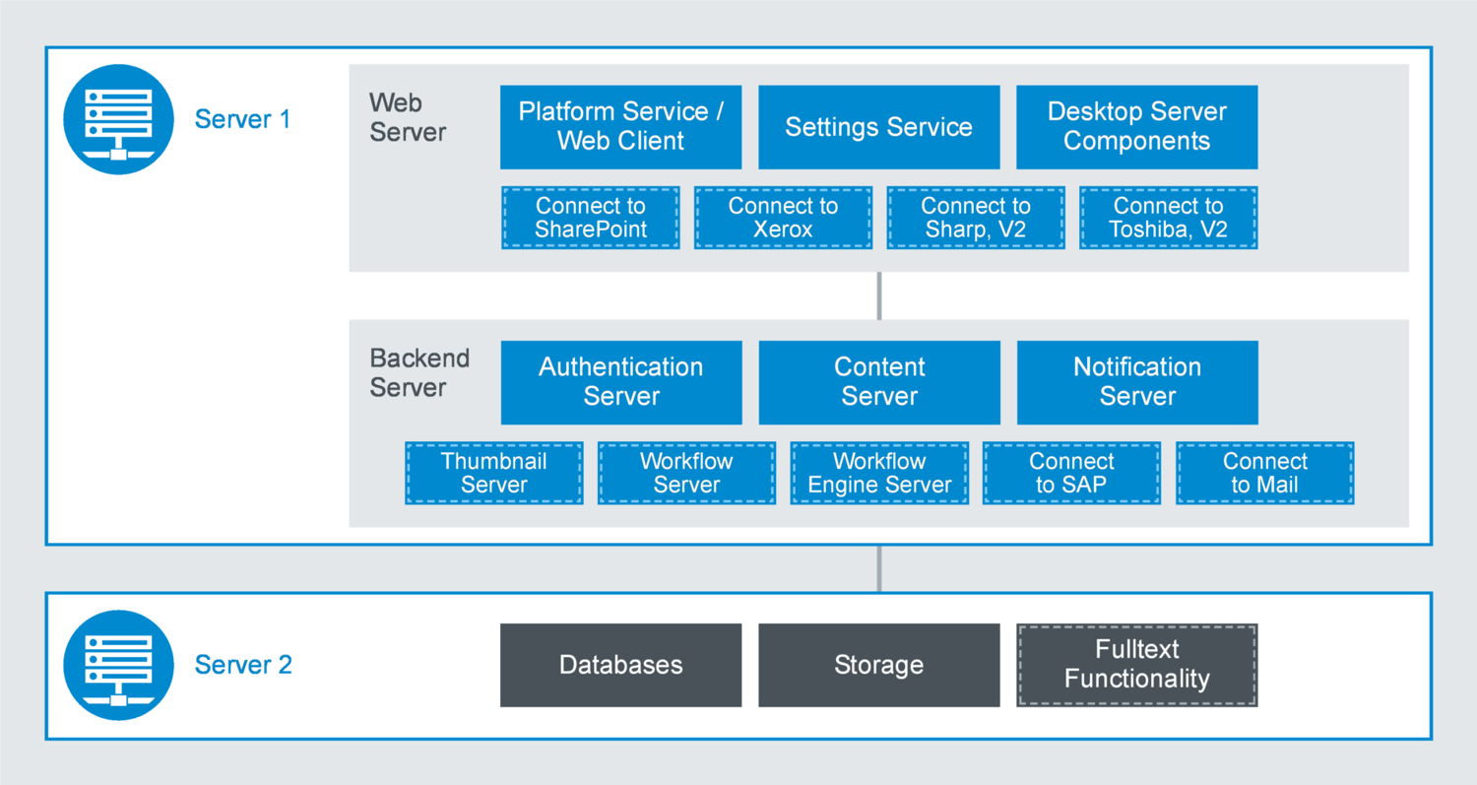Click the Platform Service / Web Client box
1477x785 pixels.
[620, 127]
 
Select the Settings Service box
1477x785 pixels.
[878, 127]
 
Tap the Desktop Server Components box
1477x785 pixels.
[1136, 127]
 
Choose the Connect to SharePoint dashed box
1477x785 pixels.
[591, 218]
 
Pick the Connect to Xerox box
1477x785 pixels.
[783, 218]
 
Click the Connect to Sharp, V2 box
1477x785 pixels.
[976, 218]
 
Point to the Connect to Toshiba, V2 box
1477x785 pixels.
[1168, 218]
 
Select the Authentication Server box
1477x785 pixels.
[620, 382]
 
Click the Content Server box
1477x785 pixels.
[878, 382]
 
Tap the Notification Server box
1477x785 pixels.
[1136, 382]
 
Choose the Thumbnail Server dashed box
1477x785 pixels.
[493, 474]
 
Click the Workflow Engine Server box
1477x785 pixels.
[879, 474]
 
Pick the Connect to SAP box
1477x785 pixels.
[1071, 474]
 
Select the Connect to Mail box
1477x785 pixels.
[1264, 474]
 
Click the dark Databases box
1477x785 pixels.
[620, 665]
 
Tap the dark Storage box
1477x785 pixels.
[878, 665]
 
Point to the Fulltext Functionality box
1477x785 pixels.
[1136, 665]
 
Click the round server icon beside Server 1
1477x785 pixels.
[118, 119]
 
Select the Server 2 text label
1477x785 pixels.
[243, 665]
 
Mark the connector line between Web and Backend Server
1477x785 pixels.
[878, 295]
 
